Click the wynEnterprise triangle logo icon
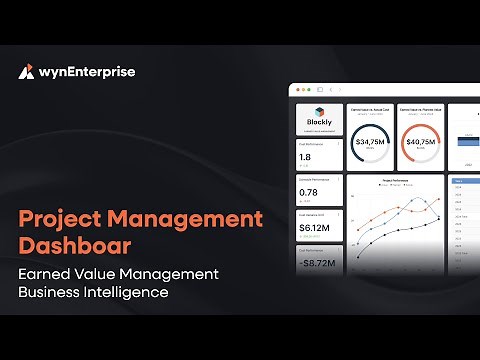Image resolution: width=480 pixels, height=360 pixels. (27, 71)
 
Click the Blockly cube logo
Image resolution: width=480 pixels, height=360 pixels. (320, 112)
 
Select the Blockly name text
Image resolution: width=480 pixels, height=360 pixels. (320, 123)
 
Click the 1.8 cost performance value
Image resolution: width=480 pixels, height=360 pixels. (305, 157)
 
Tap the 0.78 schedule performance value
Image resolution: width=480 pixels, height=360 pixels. (308, 193)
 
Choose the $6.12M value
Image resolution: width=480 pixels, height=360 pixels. (312, 228)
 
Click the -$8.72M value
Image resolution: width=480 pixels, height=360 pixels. (316, 263)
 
